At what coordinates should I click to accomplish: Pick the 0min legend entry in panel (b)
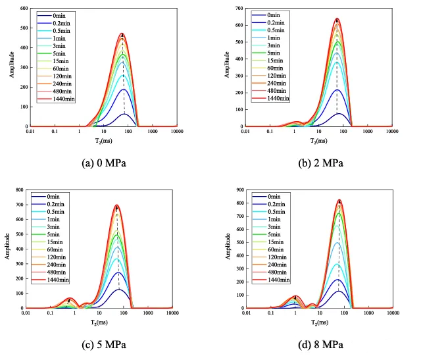[x=277, y=15]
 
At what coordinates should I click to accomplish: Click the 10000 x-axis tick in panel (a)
[x=178, y=132]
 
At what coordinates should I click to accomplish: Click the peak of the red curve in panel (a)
[x=122, y=34]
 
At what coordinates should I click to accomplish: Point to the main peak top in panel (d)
[x=339, y=200]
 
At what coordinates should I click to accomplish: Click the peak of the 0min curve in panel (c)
[x=119, y=290]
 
